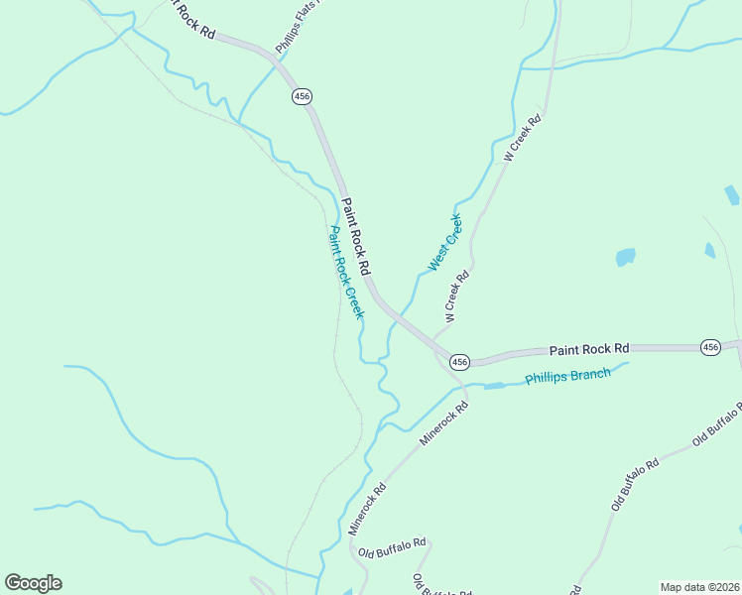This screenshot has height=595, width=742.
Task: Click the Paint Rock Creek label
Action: click(346, 272)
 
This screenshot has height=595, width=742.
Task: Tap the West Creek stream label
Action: click(445, 243)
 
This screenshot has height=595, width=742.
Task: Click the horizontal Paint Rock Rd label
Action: click(590, 349)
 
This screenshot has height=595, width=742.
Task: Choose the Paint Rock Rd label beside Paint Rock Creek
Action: click(356, 236)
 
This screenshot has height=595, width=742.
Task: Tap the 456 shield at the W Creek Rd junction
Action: click(458, 361)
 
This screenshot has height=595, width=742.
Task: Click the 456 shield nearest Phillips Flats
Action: click(303, 96)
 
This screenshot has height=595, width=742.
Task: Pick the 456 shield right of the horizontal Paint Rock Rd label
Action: click(710, 347)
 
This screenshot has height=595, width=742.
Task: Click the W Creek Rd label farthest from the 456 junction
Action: click(522, 139)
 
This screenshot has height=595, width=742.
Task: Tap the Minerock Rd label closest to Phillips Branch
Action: click(443, 423)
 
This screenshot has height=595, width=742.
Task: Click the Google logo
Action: click(33, 583)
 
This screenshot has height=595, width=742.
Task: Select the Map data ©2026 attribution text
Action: click(699, 587)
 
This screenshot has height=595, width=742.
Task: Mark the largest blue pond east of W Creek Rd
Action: click(625, 258)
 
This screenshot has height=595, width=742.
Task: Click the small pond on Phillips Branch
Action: click(494, 386)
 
